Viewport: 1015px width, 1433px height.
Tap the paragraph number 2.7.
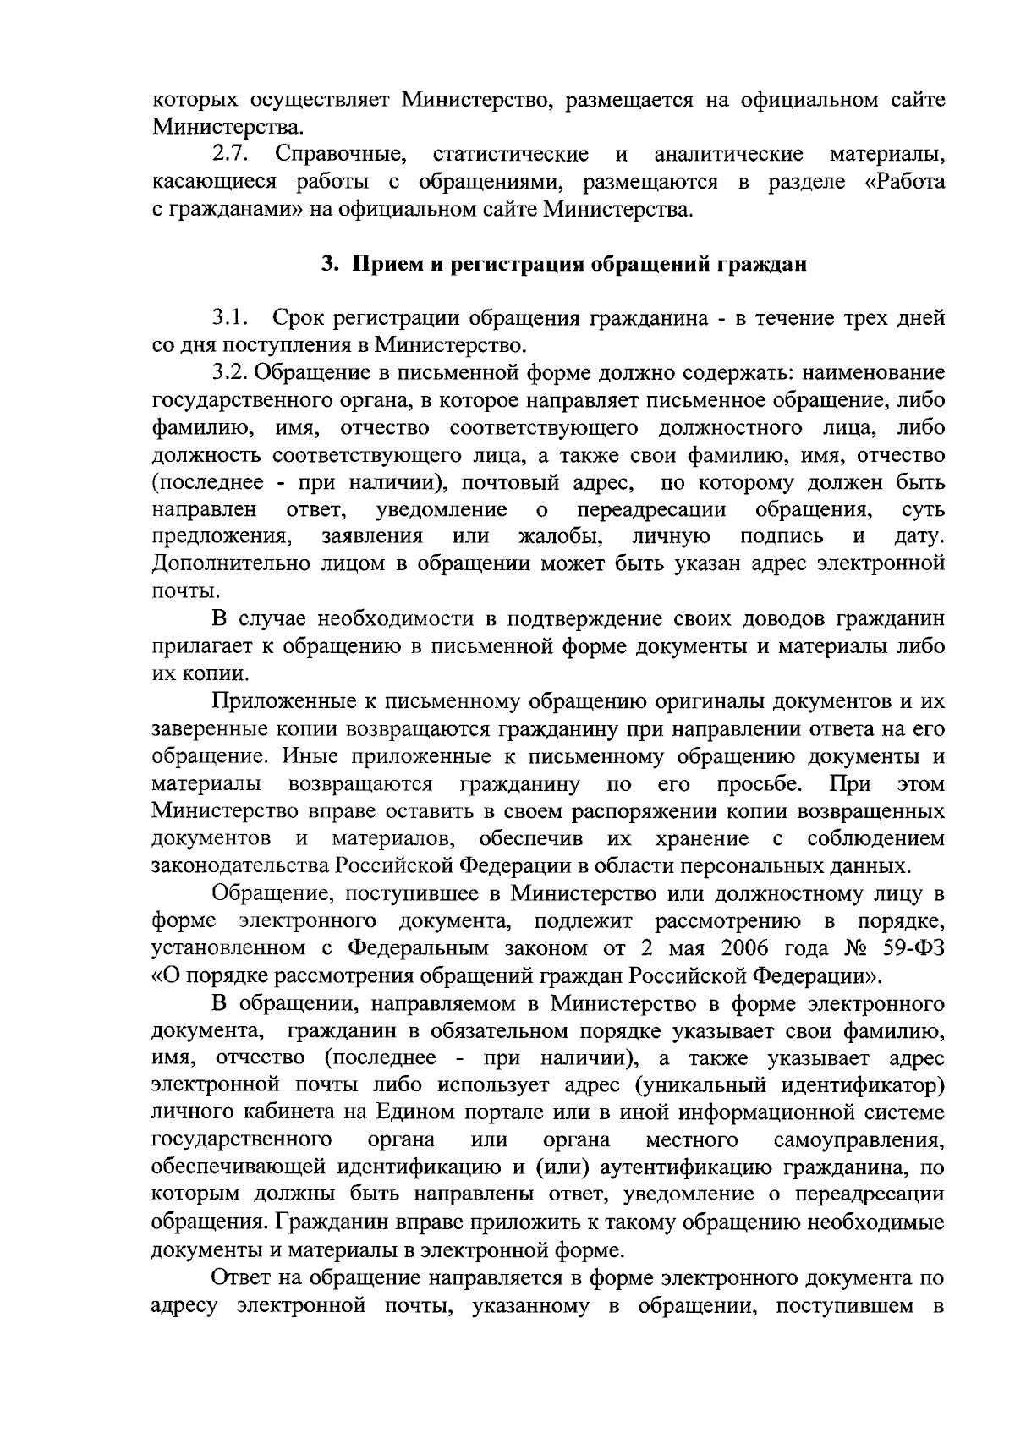(228, 155)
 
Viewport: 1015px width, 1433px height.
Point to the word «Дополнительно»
(229, 564)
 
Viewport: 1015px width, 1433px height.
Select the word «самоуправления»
(859, 1140)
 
